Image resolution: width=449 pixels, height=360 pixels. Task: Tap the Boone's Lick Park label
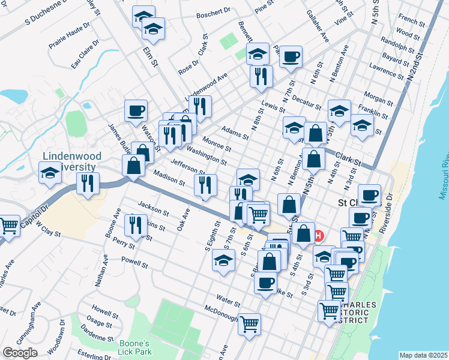point(134,346)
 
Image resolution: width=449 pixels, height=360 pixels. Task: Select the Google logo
point(20,353)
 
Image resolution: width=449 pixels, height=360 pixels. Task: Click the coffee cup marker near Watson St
point(136,110)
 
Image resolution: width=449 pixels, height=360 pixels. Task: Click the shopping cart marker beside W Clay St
point(9,226)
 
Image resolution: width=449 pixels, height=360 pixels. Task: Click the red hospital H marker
point(319,235)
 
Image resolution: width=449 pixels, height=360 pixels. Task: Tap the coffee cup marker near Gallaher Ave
point(291,57)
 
